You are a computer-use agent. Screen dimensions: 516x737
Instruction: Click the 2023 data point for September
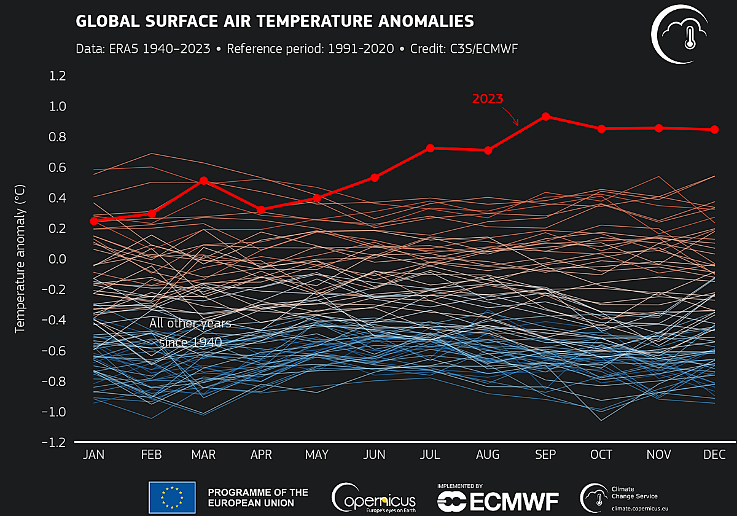545,117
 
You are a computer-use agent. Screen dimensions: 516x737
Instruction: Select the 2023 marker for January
94,221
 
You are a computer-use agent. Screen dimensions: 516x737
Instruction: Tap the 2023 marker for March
203,181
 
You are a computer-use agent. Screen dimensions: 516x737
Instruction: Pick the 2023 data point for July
431,148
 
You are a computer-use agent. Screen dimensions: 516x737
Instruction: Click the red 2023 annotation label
488,98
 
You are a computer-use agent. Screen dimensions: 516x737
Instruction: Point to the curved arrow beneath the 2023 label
512,115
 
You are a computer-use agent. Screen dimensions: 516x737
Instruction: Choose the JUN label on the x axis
374,455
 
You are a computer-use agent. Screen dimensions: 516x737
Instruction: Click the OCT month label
601,455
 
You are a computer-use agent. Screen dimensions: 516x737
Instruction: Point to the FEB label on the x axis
151,455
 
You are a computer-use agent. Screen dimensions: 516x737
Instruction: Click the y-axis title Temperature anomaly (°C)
20,258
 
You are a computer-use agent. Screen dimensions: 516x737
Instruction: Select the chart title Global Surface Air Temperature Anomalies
275,21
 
